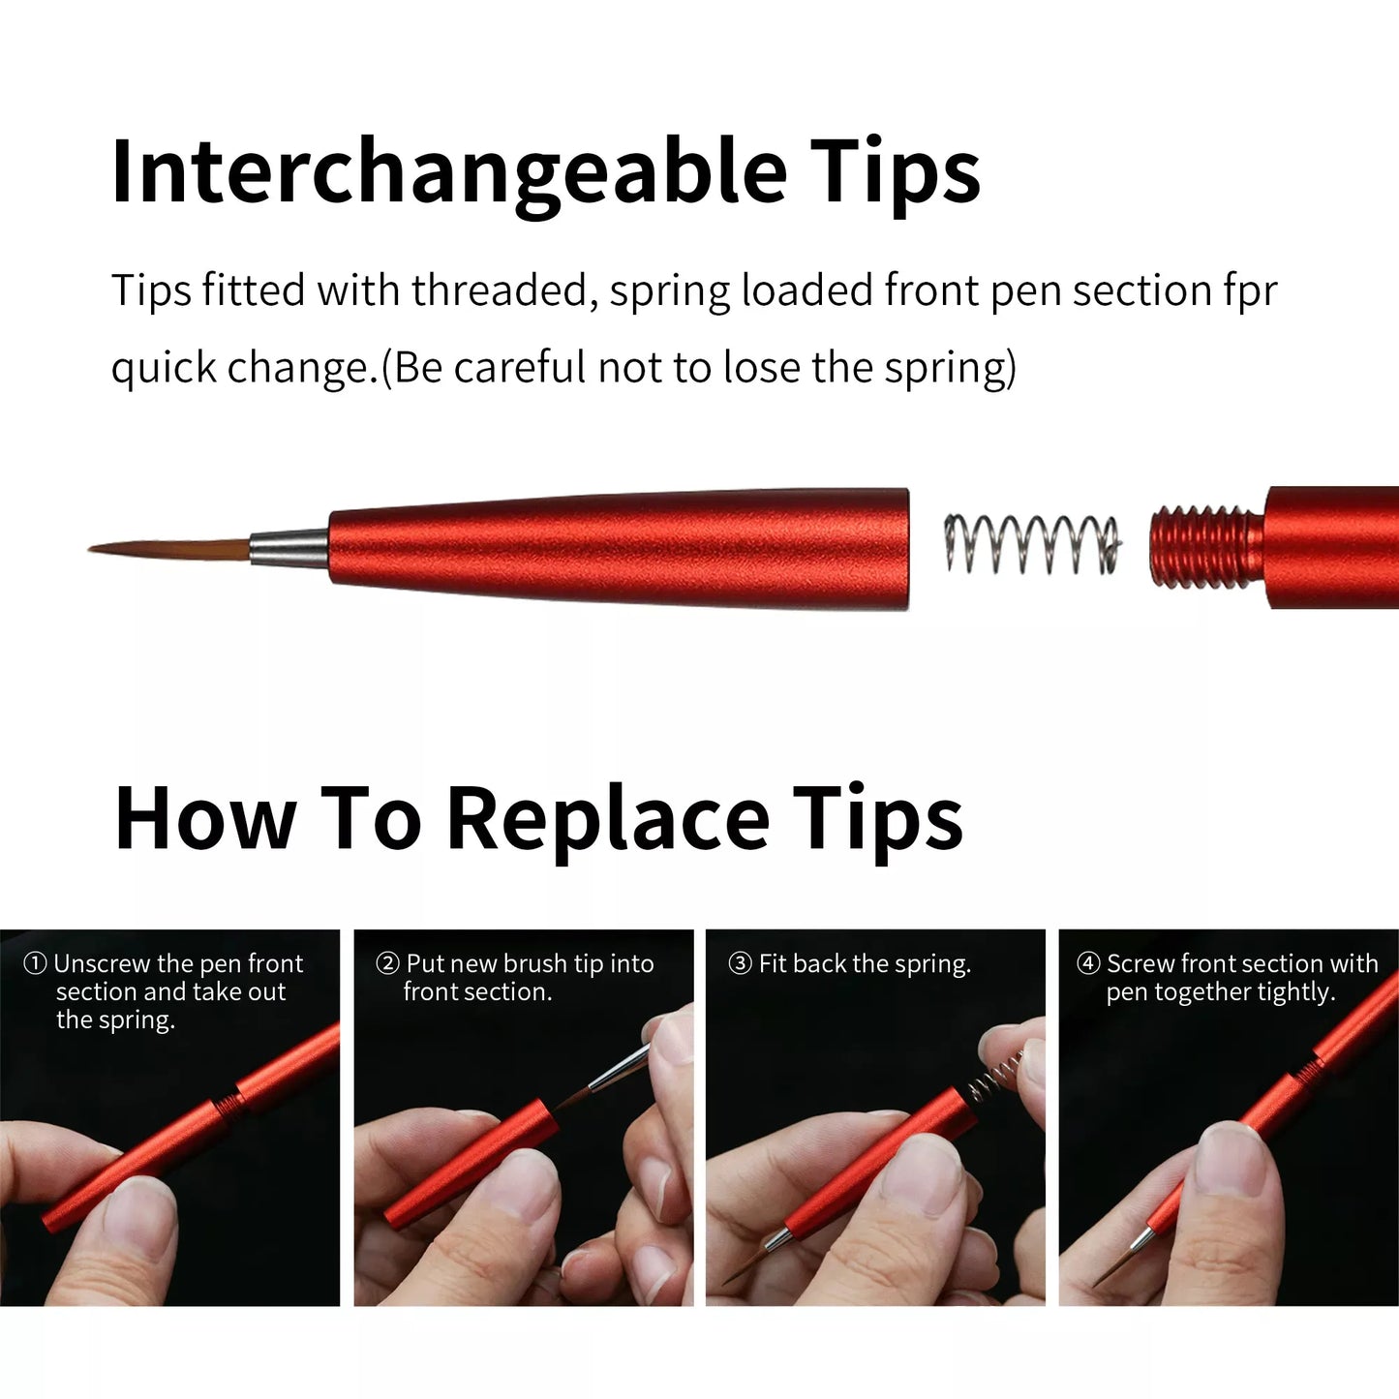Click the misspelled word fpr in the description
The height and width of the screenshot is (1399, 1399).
pos(1250,291)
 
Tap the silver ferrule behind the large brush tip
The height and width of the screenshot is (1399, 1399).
pos(289,547)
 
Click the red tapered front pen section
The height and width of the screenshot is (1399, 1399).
pos(620,548)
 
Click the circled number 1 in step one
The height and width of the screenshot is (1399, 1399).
pos(35,964)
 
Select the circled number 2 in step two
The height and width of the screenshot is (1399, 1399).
pos(387,964)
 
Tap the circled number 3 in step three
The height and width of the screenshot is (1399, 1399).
pos(740,964)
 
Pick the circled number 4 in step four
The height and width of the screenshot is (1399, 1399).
pos(1088,964)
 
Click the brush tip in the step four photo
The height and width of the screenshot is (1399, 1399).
pos(1113,1268)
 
